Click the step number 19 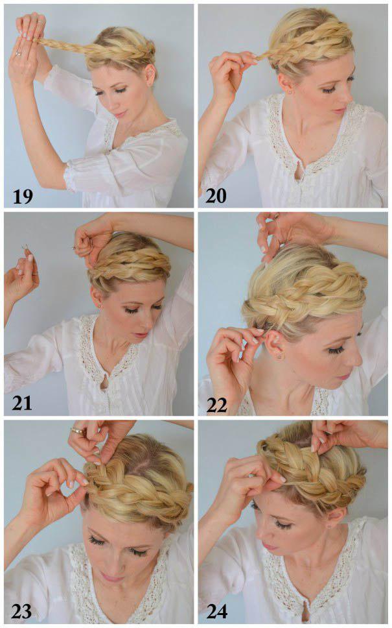pos(23,196)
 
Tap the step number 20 pos(216,195)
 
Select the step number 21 pos(22,403)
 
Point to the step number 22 pos(217,405)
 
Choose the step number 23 pos(21,612)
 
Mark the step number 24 pos(217,612)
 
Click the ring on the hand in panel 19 pos(18,53)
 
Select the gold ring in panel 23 pos(77,431)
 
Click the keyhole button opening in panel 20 pos(297,175)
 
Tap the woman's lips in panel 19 pos(119,114)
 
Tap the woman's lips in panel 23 pos(111,577)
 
